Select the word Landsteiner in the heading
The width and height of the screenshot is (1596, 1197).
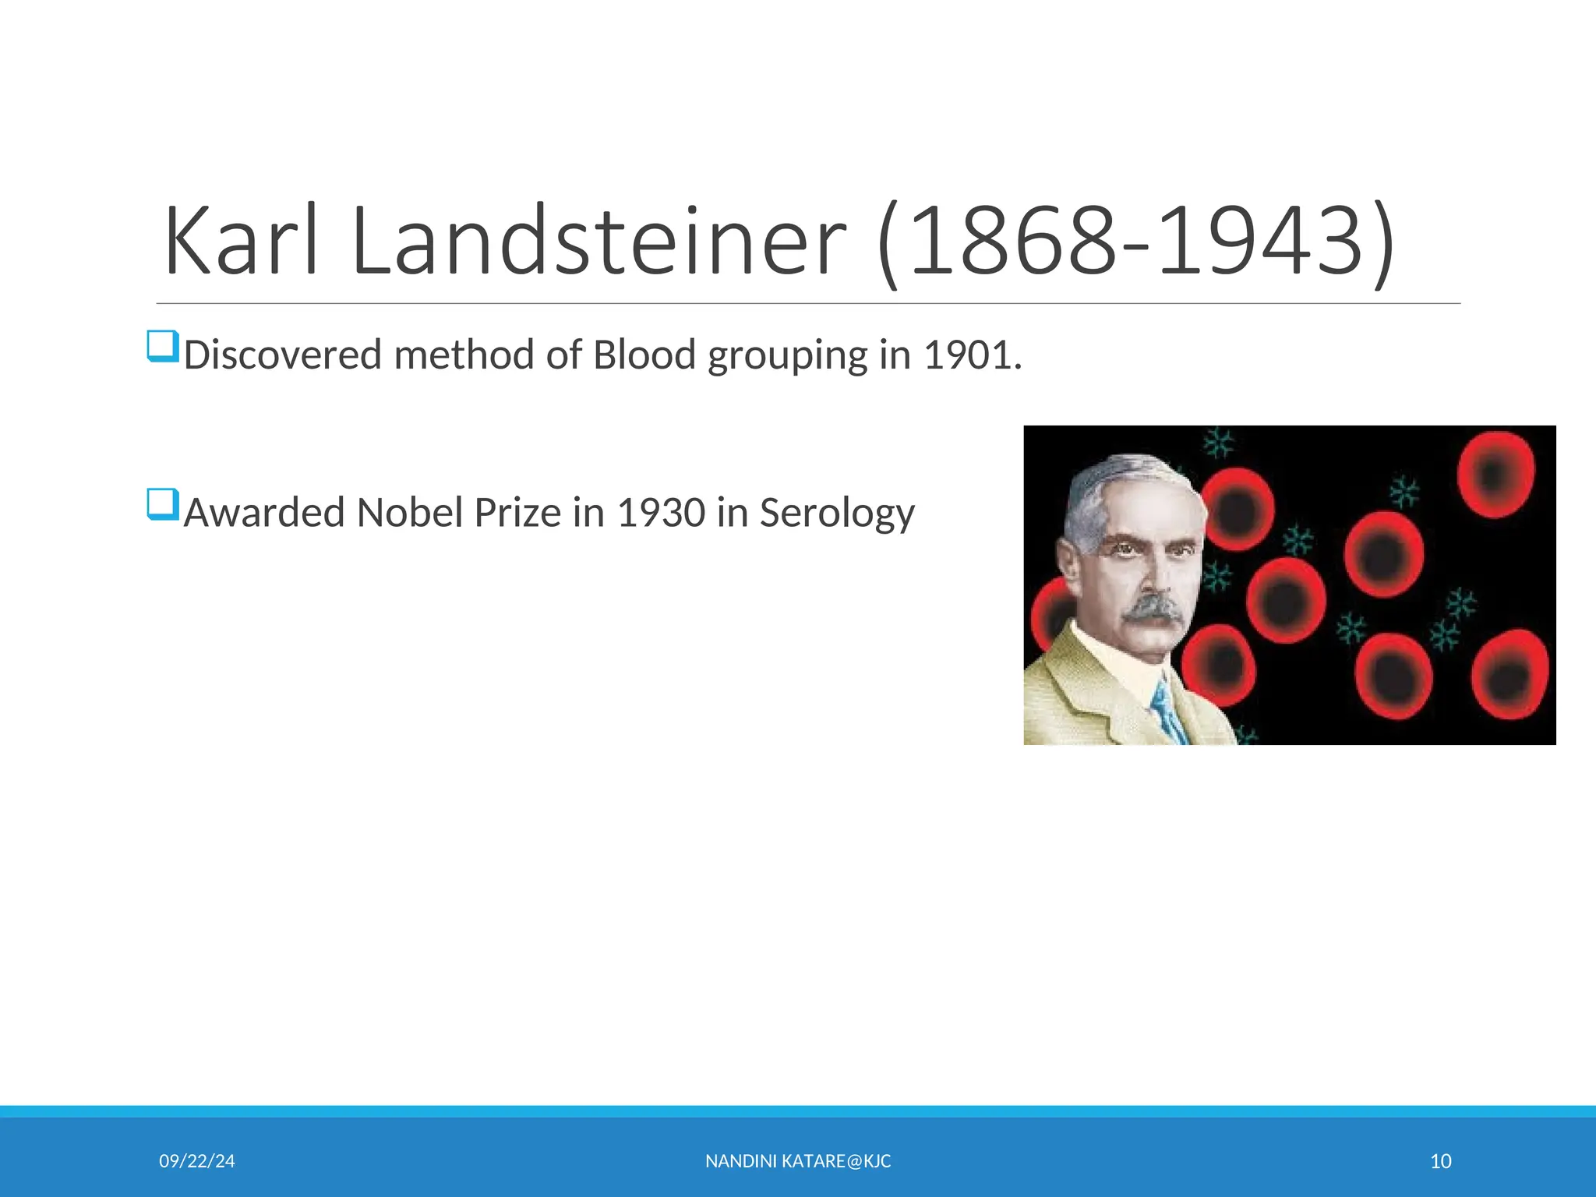598,242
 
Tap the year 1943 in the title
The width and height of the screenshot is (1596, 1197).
1259,242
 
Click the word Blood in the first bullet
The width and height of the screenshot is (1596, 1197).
644,355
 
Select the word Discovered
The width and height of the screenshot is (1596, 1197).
282,355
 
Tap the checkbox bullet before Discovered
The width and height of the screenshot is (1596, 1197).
163,346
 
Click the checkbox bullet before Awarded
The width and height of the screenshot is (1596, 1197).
163,504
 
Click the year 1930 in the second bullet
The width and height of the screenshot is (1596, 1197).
661,514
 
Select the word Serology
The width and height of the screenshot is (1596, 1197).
837,514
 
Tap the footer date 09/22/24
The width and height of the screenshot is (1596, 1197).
196,1161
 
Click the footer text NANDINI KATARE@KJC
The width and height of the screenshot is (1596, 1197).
798,1161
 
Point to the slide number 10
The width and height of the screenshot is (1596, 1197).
1440,1161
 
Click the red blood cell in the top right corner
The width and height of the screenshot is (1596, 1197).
1495,473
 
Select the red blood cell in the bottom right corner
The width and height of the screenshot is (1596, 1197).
1509,674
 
